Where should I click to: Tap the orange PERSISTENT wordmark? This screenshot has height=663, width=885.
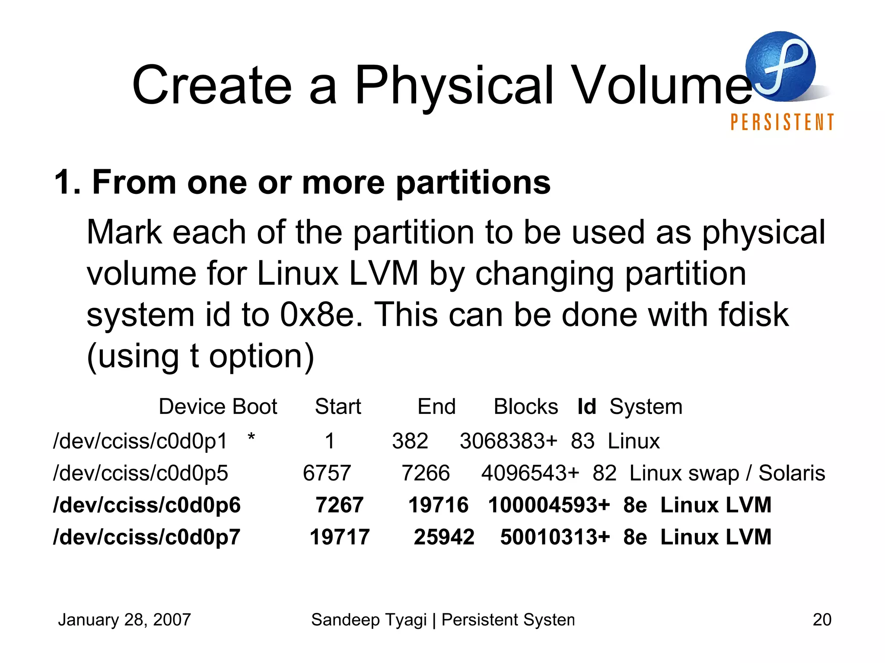[x=782, y=122]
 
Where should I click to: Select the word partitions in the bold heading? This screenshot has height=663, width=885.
[x=473, y=183]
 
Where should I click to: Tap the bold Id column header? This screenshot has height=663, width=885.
[x=586, y=407]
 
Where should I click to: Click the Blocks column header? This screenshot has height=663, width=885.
[x=525, y=407]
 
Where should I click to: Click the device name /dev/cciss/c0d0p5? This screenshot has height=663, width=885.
[x=140, y=473]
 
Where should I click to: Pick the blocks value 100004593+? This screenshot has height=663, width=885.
[x=549, y=505]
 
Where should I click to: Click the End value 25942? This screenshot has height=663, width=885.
[x=444, y=537]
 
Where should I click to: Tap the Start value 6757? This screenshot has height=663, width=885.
[x=327, y=473]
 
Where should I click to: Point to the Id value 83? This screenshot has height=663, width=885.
[x=583, y=441]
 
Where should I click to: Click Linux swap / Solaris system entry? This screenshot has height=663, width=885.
[x=727, y=473]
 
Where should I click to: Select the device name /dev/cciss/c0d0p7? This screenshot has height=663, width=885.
[x=146, y=537]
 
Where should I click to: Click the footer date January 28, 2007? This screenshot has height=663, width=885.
[x=124, y=620]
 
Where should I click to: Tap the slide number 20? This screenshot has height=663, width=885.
[x=821, y=620]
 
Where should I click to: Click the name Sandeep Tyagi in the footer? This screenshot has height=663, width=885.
[x=369, y=620]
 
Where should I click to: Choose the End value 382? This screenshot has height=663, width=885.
[x=410, y=441]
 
